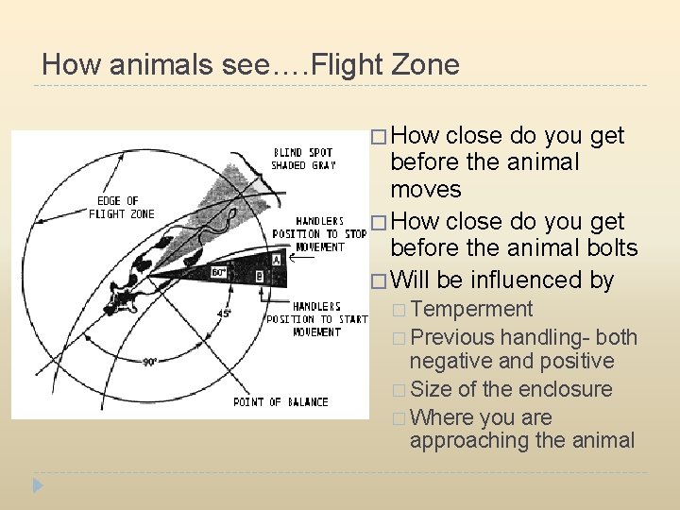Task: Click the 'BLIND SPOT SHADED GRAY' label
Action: coord(302,159)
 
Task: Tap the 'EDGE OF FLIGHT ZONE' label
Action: coord(121,207)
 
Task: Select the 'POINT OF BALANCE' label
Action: coord(280,402)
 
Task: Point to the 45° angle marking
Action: coord(225,314)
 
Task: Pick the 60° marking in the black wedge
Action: coord(218,272)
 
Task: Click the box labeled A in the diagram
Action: coord(276,259)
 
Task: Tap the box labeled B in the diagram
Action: coord(260,277)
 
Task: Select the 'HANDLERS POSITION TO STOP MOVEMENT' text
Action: coord(318,234)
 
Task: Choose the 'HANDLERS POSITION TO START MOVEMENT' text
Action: coord(316,319)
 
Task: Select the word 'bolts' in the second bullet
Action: coord(611,248)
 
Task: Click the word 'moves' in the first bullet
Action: coord(425,190)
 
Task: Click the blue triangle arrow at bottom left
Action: coord(38,486)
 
